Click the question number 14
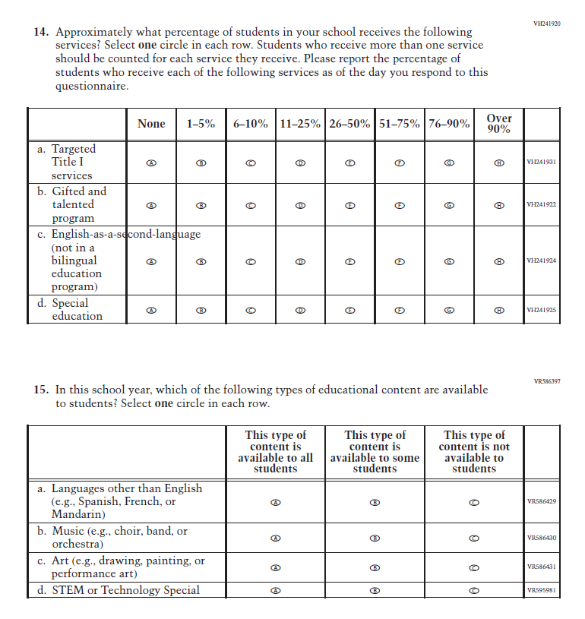click(40, 33)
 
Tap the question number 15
click(40, 390)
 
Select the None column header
click(151, 124)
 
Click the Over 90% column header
click(499, 124)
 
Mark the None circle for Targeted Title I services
click(151, 163)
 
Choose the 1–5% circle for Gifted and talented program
click(201, 205)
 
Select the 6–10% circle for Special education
click(251, 310)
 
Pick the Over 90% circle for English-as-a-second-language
click(499, 261)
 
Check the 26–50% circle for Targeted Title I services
click(350, 163)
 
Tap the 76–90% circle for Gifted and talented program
click(449, 205)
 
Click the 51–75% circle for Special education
click(400, 310)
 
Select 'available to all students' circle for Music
click(276, 538)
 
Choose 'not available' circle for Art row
click(474, 567)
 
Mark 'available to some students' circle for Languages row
click(375, 502)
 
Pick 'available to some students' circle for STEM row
click(375, 590)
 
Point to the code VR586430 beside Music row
click(542, 538)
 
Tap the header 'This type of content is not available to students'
click(474, 451)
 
